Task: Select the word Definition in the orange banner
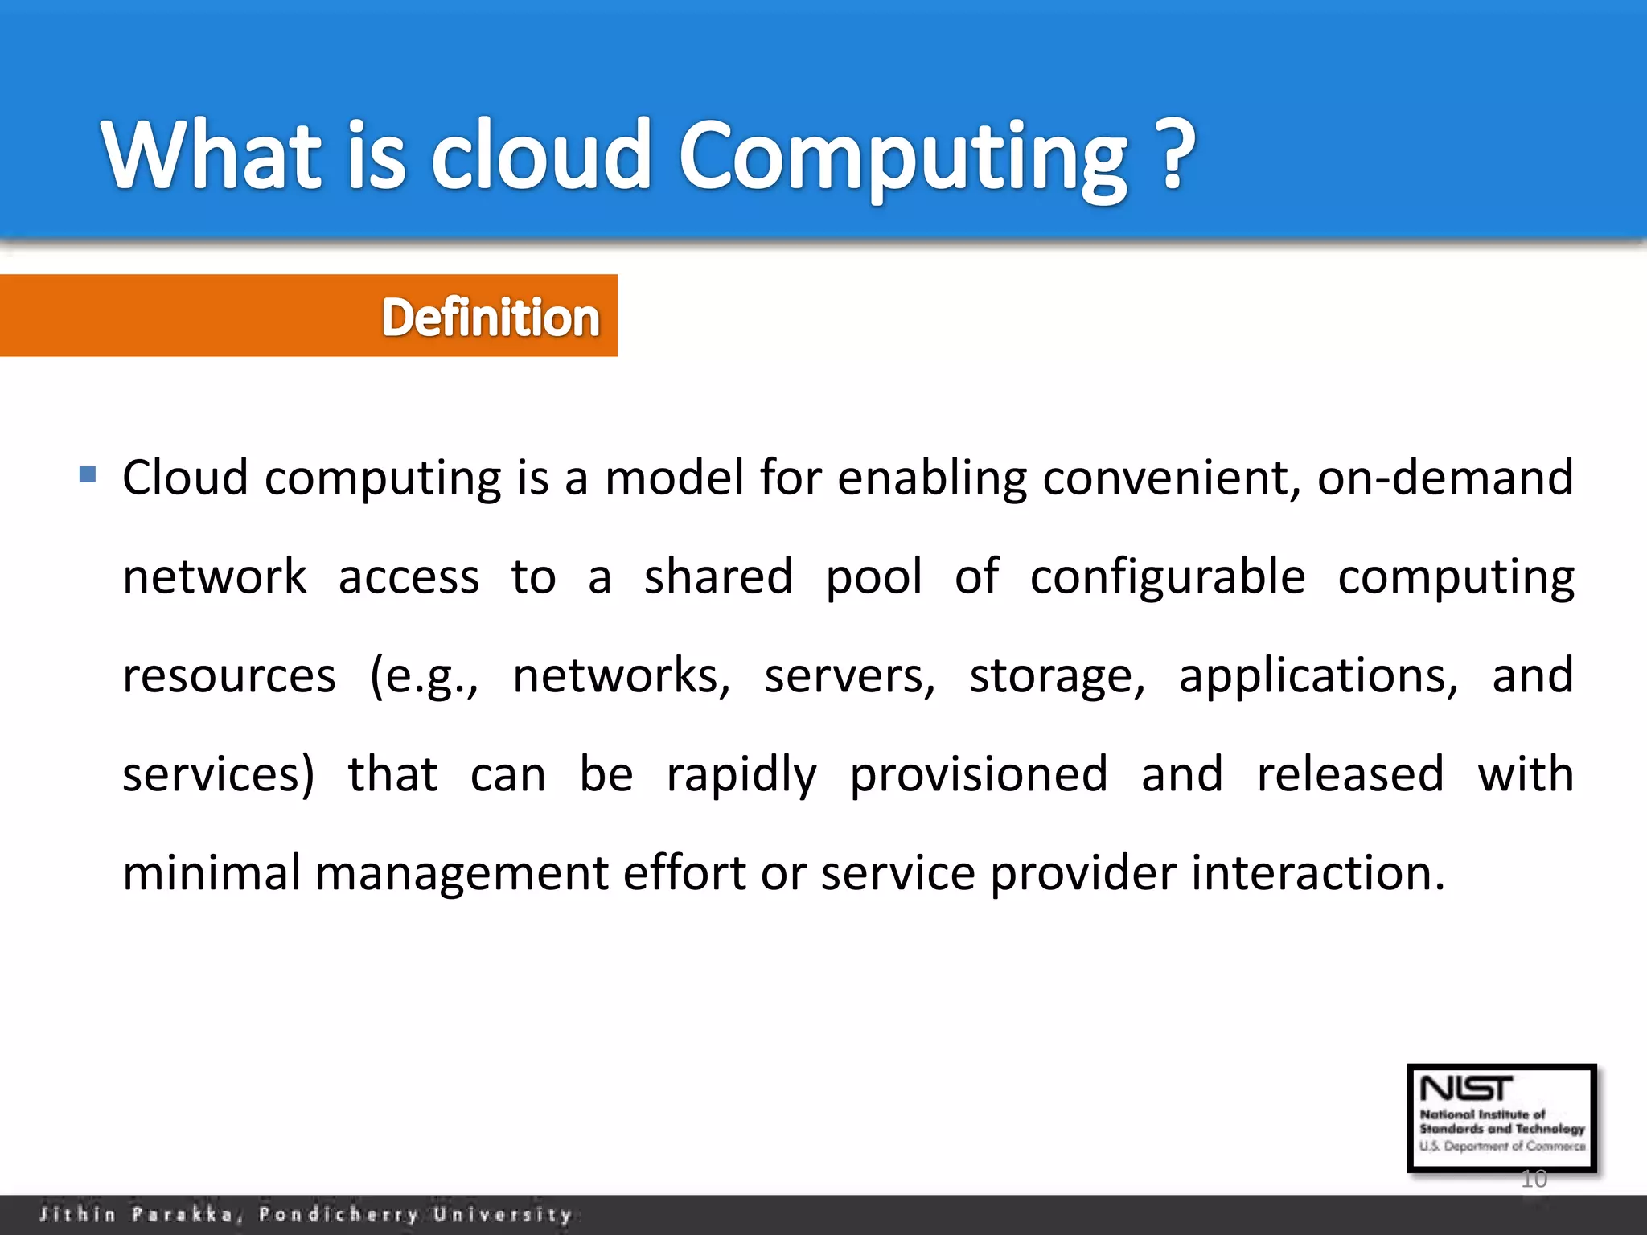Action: [491, 317]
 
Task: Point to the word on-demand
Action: [1444, 478]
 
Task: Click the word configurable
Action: [1167, 577]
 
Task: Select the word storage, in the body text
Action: [1056, 675]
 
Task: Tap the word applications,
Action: [1318, 675]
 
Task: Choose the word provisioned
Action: [978, 774]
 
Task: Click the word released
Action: [1350, 774]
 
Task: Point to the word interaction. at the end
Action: [1317, 872]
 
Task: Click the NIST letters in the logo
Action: [1465, 1089]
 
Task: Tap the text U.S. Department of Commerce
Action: [1501, 1147]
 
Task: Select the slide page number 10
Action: [1534, 1180]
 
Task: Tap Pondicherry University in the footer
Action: [415, 1214]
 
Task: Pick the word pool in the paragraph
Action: [873, 577]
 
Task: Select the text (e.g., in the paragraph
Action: [424, 675]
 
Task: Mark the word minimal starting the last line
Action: [211, 872]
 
